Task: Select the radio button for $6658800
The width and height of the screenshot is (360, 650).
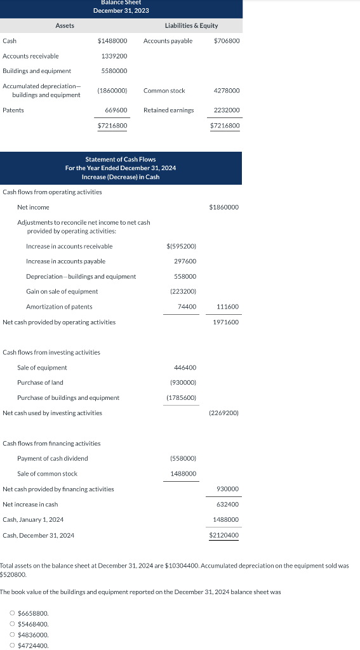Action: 13,613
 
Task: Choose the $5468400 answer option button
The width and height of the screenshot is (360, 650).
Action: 13,624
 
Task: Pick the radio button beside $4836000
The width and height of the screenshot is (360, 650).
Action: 13,635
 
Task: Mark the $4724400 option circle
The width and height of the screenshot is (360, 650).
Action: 13,646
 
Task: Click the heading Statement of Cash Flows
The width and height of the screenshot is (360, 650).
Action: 121,159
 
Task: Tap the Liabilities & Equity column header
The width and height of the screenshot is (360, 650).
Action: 191,25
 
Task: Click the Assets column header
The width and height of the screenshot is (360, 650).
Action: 65,25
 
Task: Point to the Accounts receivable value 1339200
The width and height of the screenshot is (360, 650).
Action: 114,56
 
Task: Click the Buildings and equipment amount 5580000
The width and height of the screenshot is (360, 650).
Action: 114,71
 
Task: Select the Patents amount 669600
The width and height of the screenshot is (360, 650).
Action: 116,110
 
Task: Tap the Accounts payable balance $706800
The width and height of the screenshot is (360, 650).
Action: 227,41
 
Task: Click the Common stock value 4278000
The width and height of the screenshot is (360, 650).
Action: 227,91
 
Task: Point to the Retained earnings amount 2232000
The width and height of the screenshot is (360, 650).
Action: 227,110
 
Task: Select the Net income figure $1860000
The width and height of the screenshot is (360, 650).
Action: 223,208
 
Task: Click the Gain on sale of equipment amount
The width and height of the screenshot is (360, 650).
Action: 183,291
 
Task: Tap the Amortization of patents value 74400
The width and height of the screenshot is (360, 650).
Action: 186,307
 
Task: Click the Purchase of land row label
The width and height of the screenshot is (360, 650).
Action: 40,383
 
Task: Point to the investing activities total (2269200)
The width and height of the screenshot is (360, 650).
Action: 223,413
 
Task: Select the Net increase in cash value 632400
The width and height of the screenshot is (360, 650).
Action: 227,505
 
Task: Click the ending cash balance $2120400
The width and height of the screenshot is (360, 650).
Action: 224,536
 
